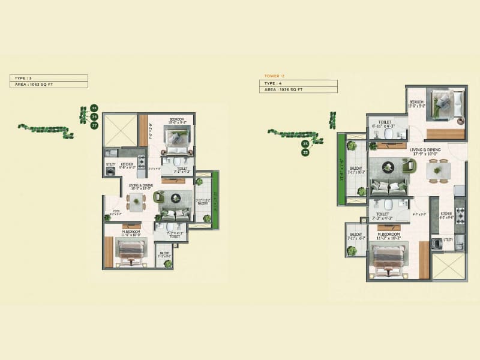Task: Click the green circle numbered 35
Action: pyautogui.click(x=94, y=108)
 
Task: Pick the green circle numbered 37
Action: pyautogui.click(x=94, y=125)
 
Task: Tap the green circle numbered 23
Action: pyautogui.click(x=305, y=144)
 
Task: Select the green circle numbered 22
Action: pyautogui.click(x=305, y=152)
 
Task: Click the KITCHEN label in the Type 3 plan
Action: pyautogui.click(x=128, y=165)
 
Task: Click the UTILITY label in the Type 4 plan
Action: pyautogui.click(x=448, y=239)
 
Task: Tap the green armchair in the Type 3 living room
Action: pyautogui.click(x=159, y=197)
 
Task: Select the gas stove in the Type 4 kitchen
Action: pyautogui.click(x=460, y=214)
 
